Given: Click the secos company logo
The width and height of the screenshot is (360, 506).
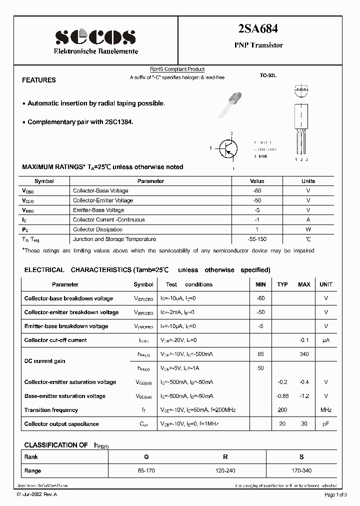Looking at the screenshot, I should click(95, 36).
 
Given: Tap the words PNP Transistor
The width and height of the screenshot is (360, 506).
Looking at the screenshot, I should click(258, 45).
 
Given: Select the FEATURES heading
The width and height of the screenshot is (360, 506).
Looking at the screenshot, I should click(39, 80).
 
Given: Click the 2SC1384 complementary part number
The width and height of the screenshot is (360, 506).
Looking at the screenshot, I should click(118, 122).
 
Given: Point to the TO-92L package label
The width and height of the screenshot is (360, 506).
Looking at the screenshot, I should click(267, 75).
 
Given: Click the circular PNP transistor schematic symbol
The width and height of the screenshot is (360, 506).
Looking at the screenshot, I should click(229, 148).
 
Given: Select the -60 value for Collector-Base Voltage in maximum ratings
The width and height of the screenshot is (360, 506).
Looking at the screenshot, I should click(257, 190).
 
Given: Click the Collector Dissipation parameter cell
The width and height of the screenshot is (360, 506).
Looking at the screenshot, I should click(97, 229).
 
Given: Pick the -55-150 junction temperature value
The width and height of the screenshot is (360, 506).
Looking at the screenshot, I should click(257, 239).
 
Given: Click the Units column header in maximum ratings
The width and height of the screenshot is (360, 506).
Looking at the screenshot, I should click(308, 181).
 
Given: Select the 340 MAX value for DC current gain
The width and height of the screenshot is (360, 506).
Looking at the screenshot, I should click(304, 354).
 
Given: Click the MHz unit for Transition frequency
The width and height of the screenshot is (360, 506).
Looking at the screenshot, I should click(326, 410).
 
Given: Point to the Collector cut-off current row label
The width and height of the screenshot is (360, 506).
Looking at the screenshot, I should click(55, 340).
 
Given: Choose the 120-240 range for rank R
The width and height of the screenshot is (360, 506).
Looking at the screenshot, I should click(225, 470).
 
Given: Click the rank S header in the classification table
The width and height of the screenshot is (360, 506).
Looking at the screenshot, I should click(301, 457).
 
